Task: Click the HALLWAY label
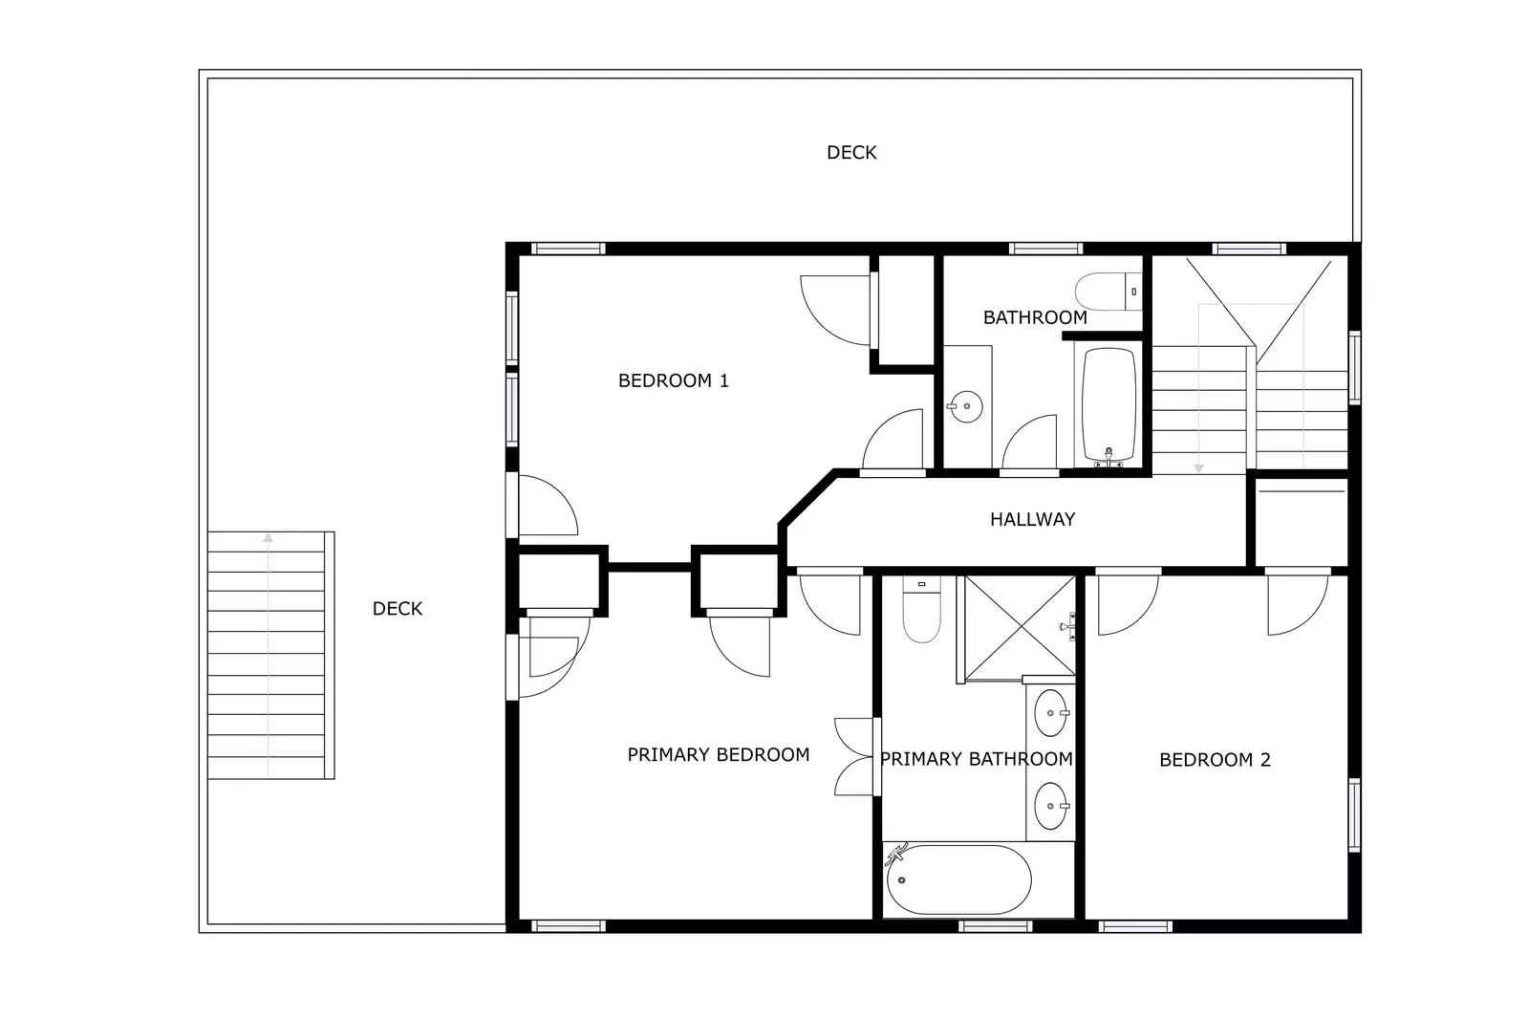pyautogui.click(x=1032, y=519)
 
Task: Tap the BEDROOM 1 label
pyautogui.click(x=673, y=380)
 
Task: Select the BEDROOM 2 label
pyautogui.click(x=1214, y=760)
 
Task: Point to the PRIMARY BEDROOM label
pyautogui.click(x=718, y=754)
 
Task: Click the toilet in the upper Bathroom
pyautogui.click(x=1107, y=290)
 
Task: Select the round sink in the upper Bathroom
pyautogui.click(x=965, y=406)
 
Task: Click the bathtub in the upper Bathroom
pyautogui.click(x=1108, y=404)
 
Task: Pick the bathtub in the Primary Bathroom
pyautogui.click(x=958, y=879)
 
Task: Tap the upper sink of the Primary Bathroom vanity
pyautogui.click(x=1051, y=713)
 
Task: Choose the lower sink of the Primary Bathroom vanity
pyautogui.click(x=1051, y=806)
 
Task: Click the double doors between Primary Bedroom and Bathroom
pyautogui.click(x=855, y=756)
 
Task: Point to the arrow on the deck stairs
pyautogui.click(x=269, y=540)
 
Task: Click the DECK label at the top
pyautogui.click(x=850, y=152)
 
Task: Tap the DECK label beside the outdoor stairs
pyautogui.click(x=397, y=608)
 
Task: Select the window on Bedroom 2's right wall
pyautogui.click(x=1354, y=815)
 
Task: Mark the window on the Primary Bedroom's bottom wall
pyautogui.click(x=568, y=925)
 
